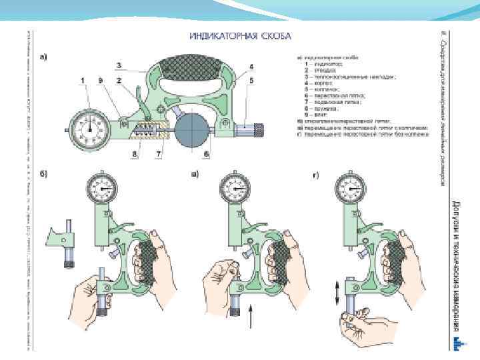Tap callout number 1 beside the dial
click(84, 81)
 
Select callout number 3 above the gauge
click(118, 65)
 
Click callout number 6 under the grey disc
click(207, 154)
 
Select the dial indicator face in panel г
click(351, 190)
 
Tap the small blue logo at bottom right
click(458, 342)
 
